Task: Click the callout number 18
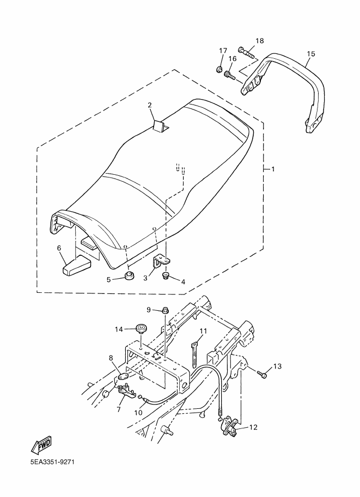coord(260,41)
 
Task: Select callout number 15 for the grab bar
coord(311,53)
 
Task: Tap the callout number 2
coord(150,105)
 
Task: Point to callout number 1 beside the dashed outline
coord(273,169)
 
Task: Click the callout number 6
coord(59,248)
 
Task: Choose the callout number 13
coord(277,366)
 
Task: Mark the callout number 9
coord(148,309)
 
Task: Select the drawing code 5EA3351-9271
coord(52,462)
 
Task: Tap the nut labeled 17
coord(218,70)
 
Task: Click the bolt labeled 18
coord(249,54)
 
